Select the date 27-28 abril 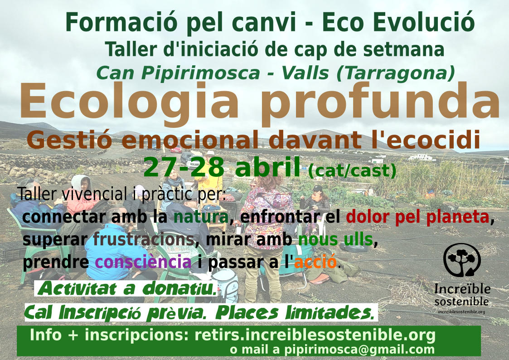click(222, 167)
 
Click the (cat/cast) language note click(352, 170)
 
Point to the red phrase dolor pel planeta click(417, 217)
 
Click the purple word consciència click(143, 262)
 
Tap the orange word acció click(315, 262)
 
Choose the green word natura click(201, 217)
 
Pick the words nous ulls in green click(335, 239)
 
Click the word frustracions click(144, 239)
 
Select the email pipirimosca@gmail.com click(360, 349)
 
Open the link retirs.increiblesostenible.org click(315, 335)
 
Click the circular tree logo click(462, 260)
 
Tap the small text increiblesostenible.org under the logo click(461, 312)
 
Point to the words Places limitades click(295, 312)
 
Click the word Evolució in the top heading click(424, 22)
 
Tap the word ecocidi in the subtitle click(433, 140)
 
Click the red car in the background click(175, 150)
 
